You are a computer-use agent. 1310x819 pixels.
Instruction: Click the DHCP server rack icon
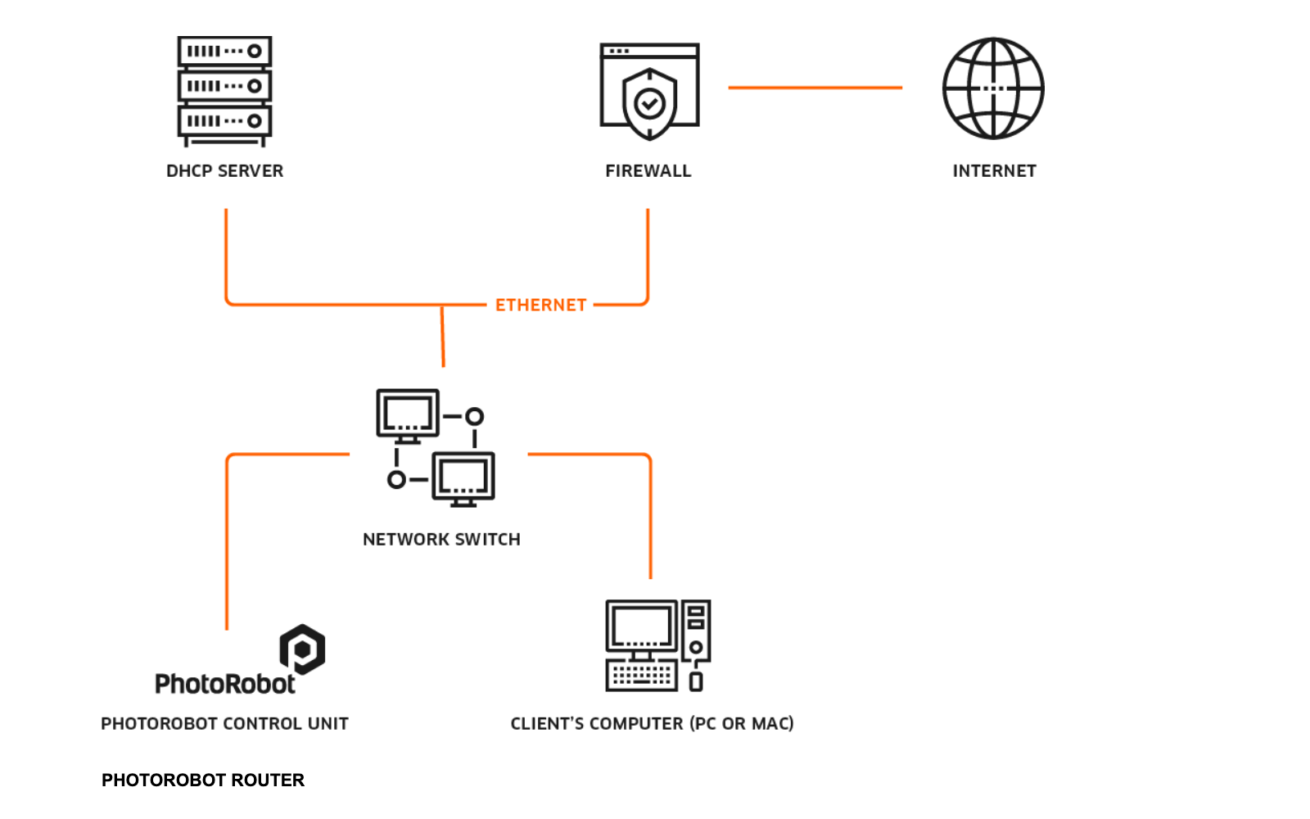click(224, 90)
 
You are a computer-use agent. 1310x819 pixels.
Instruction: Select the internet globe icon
click(993, 88)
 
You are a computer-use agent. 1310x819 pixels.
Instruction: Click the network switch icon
click(436, 448)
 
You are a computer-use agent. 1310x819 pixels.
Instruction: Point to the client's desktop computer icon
click(657, 645)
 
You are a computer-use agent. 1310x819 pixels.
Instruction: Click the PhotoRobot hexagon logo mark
click(302, 649)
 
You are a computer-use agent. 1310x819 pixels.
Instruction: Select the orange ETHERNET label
click(540, 305)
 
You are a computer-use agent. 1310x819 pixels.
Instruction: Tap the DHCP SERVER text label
click(224, 171)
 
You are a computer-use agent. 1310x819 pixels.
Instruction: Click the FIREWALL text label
click(648, 171)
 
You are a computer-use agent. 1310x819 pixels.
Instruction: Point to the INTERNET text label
click(994, 171)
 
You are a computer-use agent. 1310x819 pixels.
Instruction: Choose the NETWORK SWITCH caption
click(441, 540)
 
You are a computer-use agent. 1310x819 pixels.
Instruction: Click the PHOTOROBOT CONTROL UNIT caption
click(224, 724)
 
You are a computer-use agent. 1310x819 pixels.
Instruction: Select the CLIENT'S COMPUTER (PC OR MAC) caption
click(652, 724)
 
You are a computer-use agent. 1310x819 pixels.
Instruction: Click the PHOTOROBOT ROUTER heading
click(202, 781)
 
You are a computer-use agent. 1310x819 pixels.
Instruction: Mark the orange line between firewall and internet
click(815, 88)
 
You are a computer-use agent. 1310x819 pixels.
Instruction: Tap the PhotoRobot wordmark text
click(224, 684)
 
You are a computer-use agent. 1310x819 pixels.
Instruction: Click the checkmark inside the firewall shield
click(650, 103)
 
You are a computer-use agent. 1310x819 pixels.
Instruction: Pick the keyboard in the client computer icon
click(642, 676)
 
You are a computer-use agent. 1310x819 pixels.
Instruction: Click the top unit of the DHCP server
click(224, 52)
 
